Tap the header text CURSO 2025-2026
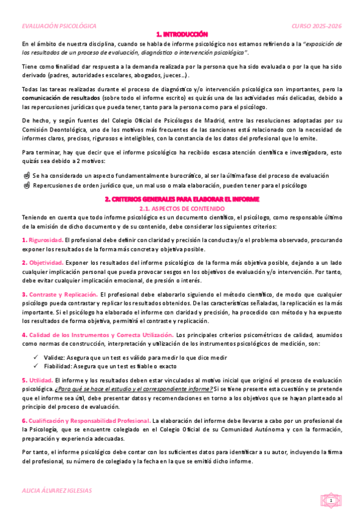click(x=317, y=27)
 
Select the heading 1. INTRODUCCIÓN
click(x=182, y=35)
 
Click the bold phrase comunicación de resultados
click(x=53, y=97)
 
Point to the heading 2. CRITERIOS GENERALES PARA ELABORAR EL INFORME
click(x=182, y=199)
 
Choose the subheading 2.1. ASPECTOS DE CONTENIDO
click(x=182, y=208)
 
